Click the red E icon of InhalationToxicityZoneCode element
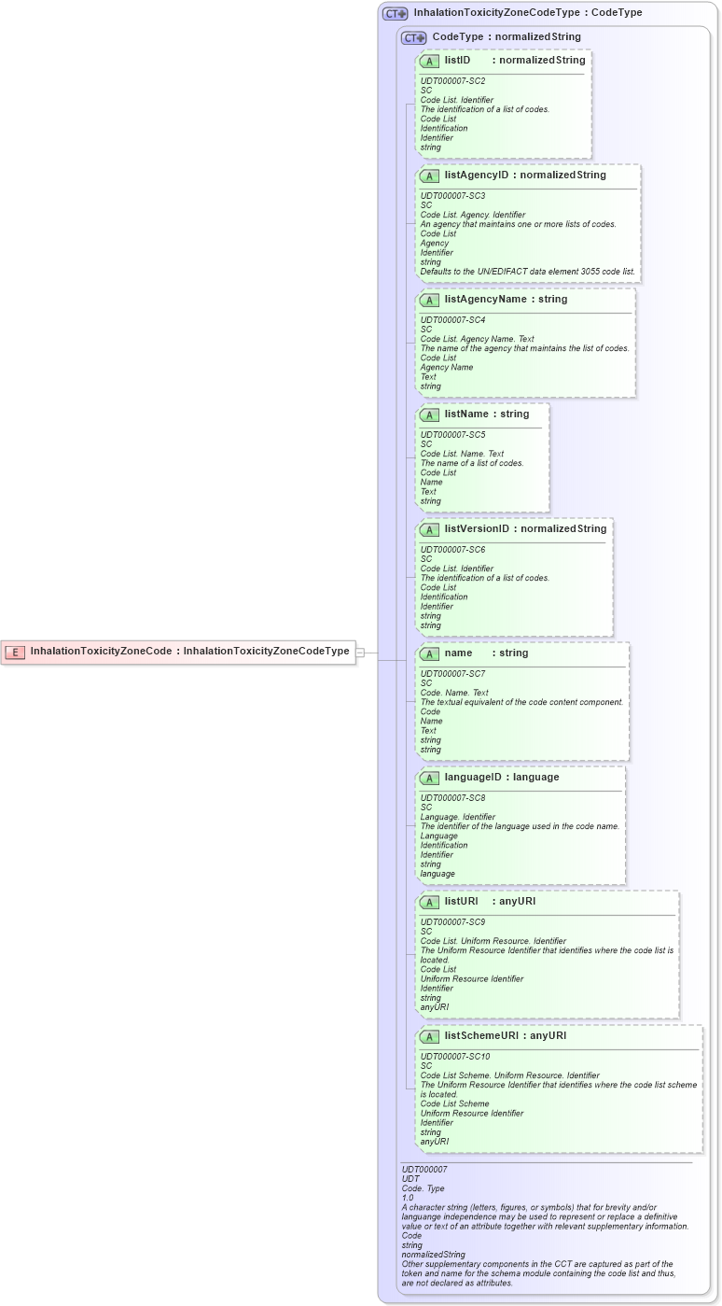15,652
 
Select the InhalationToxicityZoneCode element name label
101,652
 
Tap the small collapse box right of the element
360,653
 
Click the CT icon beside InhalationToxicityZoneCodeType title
396,14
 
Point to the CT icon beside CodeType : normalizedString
413,37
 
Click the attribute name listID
457,61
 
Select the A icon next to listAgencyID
429,176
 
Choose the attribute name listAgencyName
485,300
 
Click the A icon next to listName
429,414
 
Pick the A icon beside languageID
429,778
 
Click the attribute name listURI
461,902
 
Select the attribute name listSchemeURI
480,1036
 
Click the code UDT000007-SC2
452,81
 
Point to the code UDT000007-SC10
455,1057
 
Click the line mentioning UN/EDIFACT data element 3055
527,272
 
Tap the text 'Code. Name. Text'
454,693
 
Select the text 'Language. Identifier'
457,817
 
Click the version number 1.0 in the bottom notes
407,1198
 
